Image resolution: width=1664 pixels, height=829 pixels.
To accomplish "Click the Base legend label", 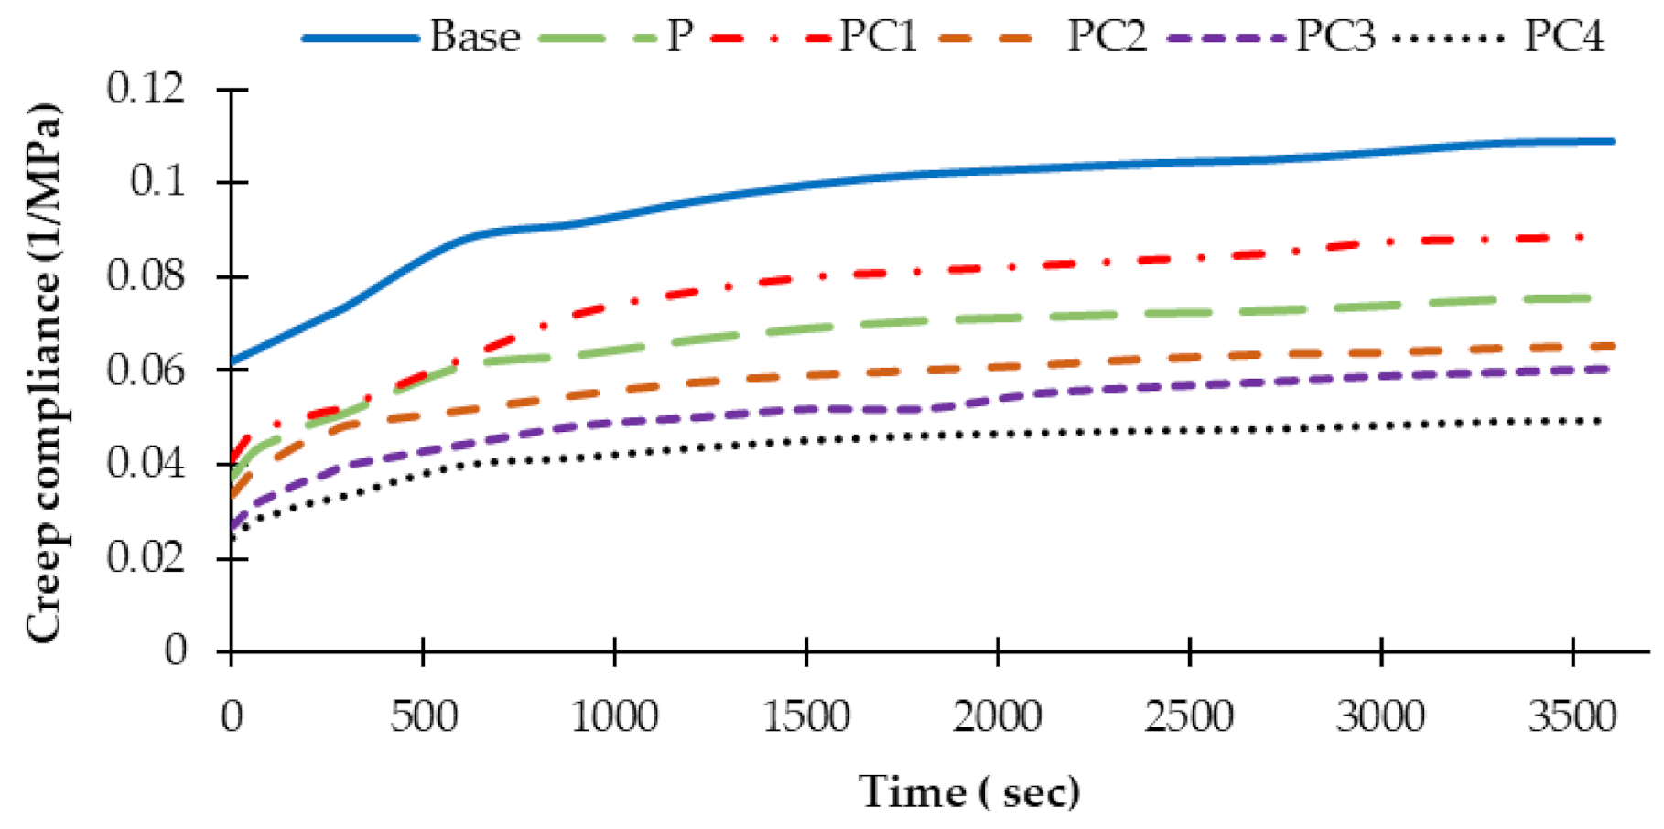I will [x=474, y=38].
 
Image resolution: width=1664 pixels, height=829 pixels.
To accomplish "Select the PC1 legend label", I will [x=879, y=38].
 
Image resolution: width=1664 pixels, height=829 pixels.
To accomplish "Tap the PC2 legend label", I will [x=1107, y=38].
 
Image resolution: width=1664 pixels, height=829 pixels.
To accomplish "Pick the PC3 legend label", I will [x=1335, y=38].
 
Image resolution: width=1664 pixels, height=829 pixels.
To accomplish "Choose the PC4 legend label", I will [x=1563, y=38].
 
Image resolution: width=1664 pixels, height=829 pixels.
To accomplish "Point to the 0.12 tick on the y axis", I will [x=146, y=89].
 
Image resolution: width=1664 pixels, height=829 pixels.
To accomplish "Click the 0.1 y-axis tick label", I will [x=157, y=182].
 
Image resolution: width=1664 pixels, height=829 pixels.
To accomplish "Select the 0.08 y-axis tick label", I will [x=146, y=276].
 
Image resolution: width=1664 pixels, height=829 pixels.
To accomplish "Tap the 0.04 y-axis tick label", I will [x=146, y=463].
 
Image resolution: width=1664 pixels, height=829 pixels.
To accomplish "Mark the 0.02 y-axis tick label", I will [x=146, y=556].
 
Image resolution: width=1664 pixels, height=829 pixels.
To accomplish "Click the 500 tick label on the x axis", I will [x=423, y=716].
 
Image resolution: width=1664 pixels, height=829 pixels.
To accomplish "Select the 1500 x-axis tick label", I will [x=805, y=716].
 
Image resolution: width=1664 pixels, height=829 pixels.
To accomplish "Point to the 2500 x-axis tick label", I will [x=1188, y=716].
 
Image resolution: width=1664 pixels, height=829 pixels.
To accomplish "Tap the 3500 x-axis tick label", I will [x=1572, y=716].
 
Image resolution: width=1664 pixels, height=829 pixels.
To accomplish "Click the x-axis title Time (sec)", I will [x=968, y=791].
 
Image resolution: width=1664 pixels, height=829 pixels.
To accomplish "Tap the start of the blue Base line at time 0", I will [x=233, y=362].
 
